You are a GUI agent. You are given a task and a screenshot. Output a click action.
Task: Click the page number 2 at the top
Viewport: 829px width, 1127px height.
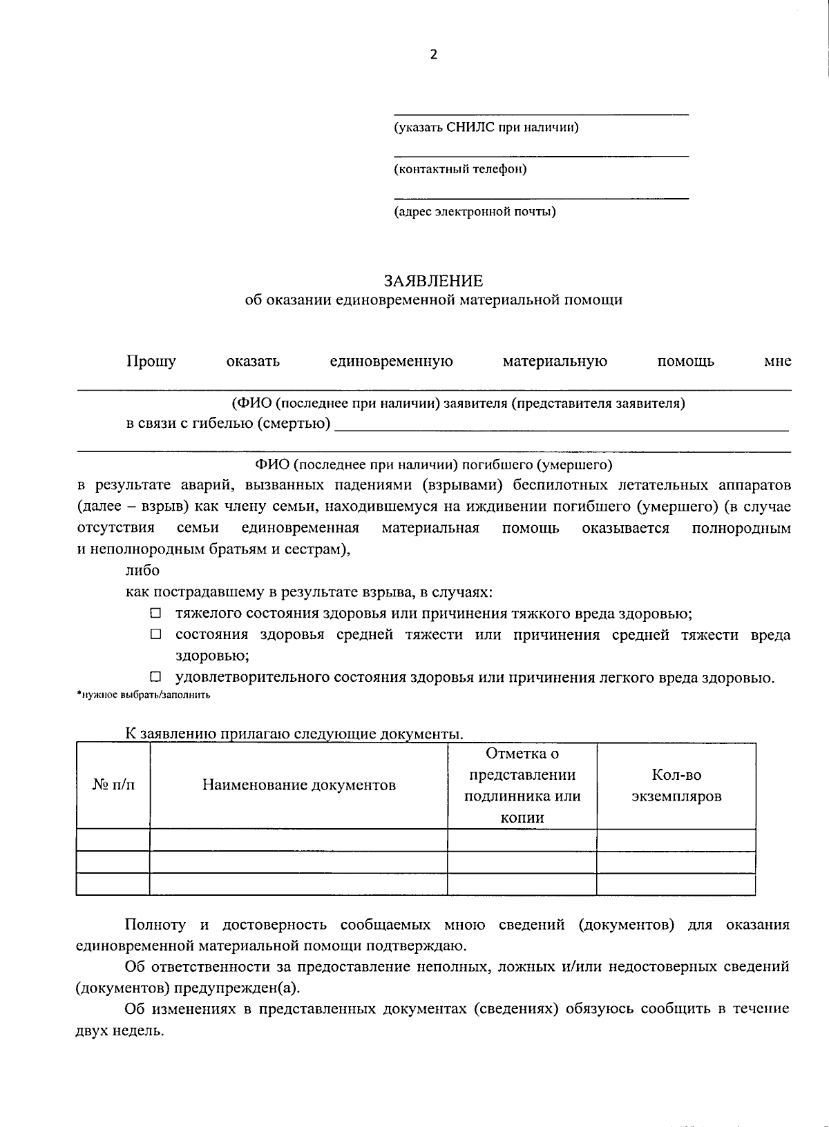(433, 55)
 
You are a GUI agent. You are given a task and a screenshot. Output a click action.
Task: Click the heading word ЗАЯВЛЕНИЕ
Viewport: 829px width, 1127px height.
(433, 281)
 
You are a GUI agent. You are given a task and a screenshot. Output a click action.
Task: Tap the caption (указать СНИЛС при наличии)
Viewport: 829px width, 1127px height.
(486, 127)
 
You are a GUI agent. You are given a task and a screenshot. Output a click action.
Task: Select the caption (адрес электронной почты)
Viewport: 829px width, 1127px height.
(475, 211)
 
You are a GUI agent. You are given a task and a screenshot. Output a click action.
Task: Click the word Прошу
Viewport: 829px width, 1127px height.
(151, 361)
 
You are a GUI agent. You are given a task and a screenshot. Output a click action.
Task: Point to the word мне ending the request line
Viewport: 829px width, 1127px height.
(777, 361)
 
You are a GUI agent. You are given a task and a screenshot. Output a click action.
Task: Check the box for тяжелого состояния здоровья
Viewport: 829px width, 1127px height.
(155, 613)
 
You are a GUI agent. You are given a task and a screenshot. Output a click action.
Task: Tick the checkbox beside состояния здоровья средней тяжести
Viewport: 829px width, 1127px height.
(155, 634)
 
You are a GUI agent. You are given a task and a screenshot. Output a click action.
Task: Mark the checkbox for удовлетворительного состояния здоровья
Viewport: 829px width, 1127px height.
(155, 677)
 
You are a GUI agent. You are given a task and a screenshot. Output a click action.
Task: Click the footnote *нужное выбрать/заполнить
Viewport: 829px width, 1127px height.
(143, 695)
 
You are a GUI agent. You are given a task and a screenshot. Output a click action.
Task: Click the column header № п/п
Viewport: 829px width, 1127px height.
(113, 785)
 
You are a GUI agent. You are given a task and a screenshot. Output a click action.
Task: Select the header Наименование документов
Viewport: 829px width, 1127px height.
(298, 785)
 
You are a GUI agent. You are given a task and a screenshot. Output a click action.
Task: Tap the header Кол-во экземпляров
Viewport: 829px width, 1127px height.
(676, 785)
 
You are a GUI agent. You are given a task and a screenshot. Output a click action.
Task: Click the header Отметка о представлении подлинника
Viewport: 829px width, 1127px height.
(522, 785)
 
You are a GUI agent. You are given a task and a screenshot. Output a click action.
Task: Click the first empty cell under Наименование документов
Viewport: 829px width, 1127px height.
(298, 840)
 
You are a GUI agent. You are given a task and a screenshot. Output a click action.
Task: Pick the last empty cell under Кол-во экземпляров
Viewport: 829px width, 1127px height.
(676, 883)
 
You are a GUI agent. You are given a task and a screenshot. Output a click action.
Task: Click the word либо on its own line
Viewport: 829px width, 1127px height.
(142, 570)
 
